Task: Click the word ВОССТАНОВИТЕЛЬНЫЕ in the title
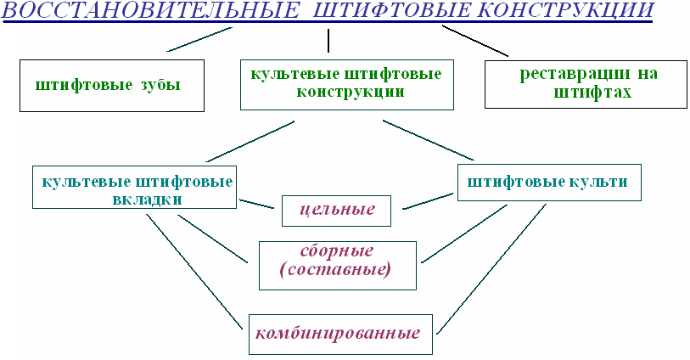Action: click(x=151, y=9)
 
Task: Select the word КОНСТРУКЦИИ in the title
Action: click(x=564, y=9)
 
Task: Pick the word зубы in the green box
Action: click(x=160, y=84)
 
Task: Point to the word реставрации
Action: click(x=575, y=74)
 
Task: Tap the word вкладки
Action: click(x=148, y=200)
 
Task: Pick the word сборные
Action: click(x=337, y=251)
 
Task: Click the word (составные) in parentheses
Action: click(x=335, y=268)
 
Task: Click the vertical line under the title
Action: click(x=328, y=41)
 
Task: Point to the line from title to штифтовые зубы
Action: click(x=199, y=39)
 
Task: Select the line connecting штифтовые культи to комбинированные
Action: click(x=491, y=268)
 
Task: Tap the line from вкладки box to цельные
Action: click(x=256, y=204)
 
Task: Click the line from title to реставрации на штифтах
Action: click(x=475, y=41)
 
